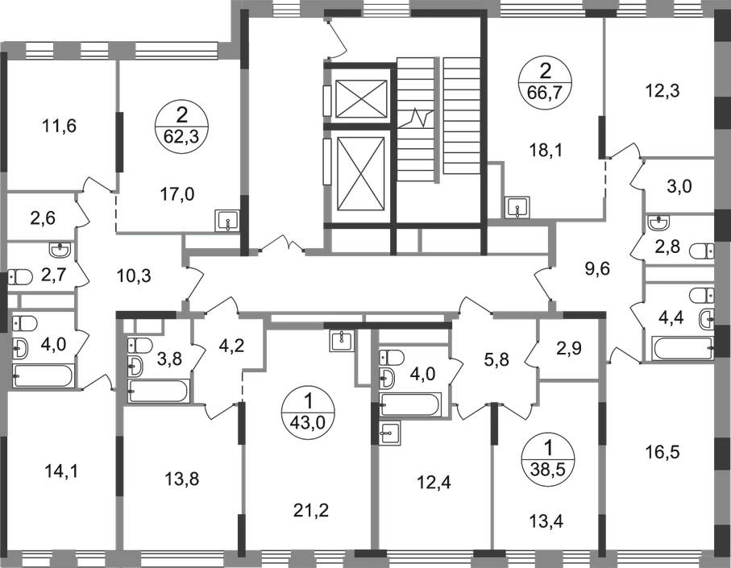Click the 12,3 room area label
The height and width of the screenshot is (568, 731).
[x=665, y=92]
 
